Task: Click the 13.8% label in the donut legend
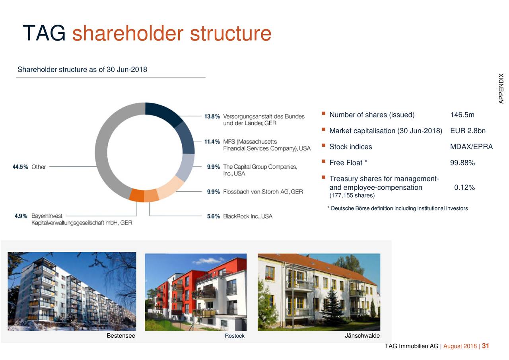tap(212, 117)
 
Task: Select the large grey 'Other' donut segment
tap(104, 159)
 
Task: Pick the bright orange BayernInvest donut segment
tap(137, 195)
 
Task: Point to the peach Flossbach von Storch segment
tap(170, 189)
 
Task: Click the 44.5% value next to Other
tap(20, 167)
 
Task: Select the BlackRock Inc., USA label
tap(248, 216)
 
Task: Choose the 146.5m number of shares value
tap(462, 115)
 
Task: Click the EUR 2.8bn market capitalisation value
tap(468, 131)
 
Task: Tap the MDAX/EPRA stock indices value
tap(471, 147)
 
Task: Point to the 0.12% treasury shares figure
tap(464, 188)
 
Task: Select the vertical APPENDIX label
tap(501, 88)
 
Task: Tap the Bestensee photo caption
tap(121, 336)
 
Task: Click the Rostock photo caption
tap(235, 336)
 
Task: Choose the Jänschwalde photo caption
tap(362, 336)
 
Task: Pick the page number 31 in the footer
tap(485, 346)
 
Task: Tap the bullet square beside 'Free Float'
tap(324, 162)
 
